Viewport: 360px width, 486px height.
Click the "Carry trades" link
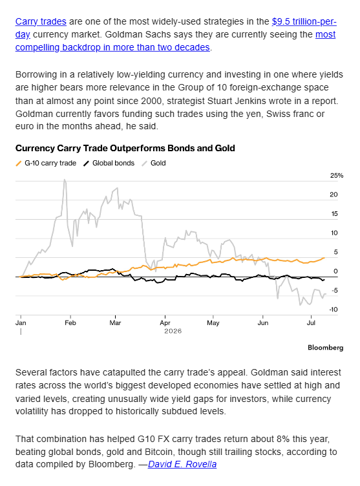[41, 21]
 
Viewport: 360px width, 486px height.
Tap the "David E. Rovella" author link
[182, 464]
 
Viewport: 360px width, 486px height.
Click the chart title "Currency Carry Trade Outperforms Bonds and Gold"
[125, 148]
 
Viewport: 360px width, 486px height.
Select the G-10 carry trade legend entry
[46, 163]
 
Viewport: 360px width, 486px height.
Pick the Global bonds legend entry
[109, 163]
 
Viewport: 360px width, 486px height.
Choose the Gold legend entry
[154, 163]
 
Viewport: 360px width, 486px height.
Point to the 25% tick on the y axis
[337, 175]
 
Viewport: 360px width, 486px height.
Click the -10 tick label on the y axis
[334, 310]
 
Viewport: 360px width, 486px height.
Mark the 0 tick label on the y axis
[335, 271]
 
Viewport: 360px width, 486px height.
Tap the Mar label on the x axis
[115, 322]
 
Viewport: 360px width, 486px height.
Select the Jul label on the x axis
[311, 322]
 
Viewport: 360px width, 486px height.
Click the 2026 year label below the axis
[173, 331]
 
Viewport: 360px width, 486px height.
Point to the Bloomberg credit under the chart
[326, 348]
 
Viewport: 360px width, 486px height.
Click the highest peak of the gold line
[65, 180]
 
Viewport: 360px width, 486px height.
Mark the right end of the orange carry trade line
[324, 258]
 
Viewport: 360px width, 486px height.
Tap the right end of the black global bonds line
[324, 280]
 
